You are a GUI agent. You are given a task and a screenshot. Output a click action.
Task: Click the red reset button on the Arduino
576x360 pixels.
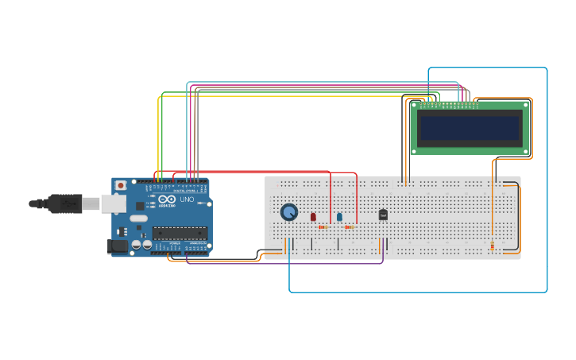pyautogui.click(x=121, y=185)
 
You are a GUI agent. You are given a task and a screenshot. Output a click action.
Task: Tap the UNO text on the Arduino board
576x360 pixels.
pyautogui.click(x=187, y=199)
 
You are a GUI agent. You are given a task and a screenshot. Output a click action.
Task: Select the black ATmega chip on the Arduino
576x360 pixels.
pyautogui.click(x=180, y=233)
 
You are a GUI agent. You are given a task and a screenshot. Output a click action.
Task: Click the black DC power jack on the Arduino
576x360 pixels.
pyautogui.click(x=118, y=246)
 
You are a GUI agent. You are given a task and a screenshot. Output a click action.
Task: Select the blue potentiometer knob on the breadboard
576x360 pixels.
pyautogui.click(x=289, y=212)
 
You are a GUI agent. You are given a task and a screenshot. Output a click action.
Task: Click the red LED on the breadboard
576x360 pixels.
pyautogui.click(x=313, y=216)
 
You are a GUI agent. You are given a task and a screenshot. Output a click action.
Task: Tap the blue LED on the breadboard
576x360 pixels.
pyautogui.click(x=339, y=216)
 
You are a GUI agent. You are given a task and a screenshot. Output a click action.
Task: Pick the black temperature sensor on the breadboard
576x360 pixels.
pyautogui.click(x=383, y=215)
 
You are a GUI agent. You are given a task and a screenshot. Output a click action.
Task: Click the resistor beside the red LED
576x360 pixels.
pyautogui.click(x=323, y=227)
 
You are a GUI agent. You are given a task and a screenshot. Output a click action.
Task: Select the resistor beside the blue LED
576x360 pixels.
pyautogui.click(x=350, y=227)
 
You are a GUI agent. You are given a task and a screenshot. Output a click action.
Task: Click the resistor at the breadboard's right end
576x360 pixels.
pyautogui.click(x=492, y=246)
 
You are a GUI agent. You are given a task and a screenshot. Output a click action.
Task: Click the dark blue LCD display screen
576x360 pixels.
pyautogui.click(x=470, y=128)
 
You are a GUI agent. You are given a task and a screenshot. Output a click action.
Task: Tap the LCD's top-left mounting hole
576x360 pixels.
pyautogui.click(x=414, y=104)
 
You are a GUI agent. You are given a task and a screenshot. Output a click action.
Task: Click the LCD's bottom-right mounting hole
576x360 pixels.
pyautogui.click(x=525, y=150)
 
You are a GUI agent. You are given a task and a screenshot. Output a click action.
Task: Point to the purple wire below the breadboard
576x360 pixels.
pyautogui.click(x=286, y=262)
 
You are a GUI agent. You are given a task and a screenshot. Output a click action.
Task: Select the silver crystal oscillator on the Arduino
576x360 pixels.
pyautogui.click(x=138, y=217)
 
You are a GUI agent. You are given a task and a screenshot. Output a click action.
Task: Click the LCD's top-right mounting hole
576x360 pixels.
pyautogui.click(x=525, y=104)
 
